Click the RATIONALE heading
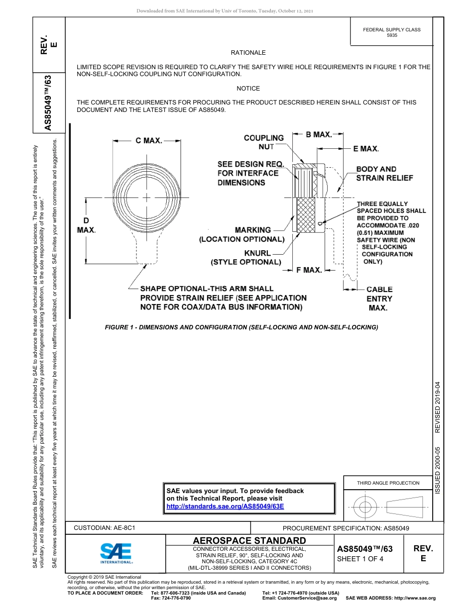(248, 52)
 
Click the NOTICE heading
(248, 88)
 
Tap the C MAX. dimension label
(149, 141)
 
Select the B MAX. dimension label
(319, 134)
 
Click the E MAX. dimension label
(366, 148)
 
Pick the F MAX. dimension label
(309, 270)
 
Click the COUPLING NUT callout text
(263, 142)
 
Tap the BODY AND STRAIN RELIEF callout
(384, 174)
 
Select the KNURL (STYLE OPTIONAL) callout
(246, 258)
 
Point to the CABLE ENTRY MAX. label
(379, 299)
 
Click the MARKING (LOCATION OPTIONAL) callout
(242, 234)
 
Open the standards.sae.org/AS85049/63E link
(225, 506)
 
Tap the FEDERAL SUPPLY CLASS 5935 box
(392, 32)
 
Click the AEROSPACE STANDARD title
(249, 540)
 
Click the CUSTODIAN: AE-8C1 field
(105, 527)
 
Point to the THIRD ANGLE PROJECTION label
(388, 483)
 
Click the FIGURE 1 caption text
(241, 327)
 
